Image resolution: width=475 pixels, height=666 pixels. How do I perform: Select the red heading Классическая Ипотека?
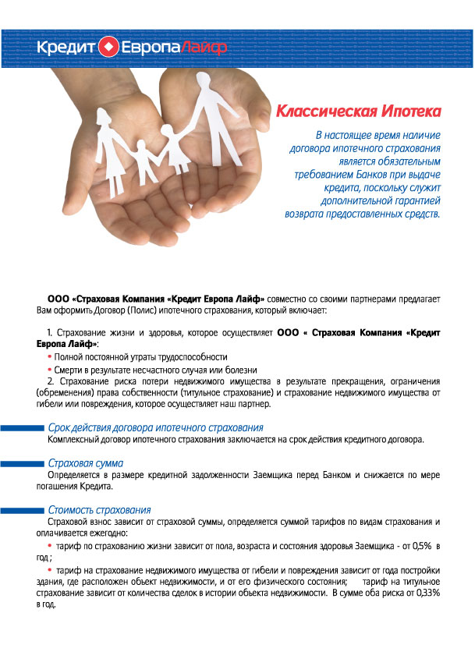[359, 110]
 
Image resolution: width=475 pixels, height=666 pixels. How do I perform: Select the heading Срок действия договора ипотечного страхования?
[155, 428]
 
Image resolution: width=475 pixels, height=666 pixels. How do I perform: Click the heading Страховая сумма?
[86, 463]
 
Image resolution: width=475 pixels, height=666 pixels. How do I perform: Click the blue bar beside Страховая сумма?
[22, 464]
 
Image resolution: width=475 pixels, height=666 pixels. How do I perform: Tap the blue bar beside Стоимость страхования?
[22, 510]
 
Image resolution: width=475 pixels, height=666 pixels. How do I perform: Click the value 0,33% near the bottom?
[425, 593]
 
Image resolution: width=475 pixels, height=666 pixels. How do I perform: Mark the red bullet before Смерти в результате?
[50, 370]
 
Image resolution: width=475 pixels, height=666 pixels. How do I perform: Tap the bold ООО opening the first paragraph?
[58, 299]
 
